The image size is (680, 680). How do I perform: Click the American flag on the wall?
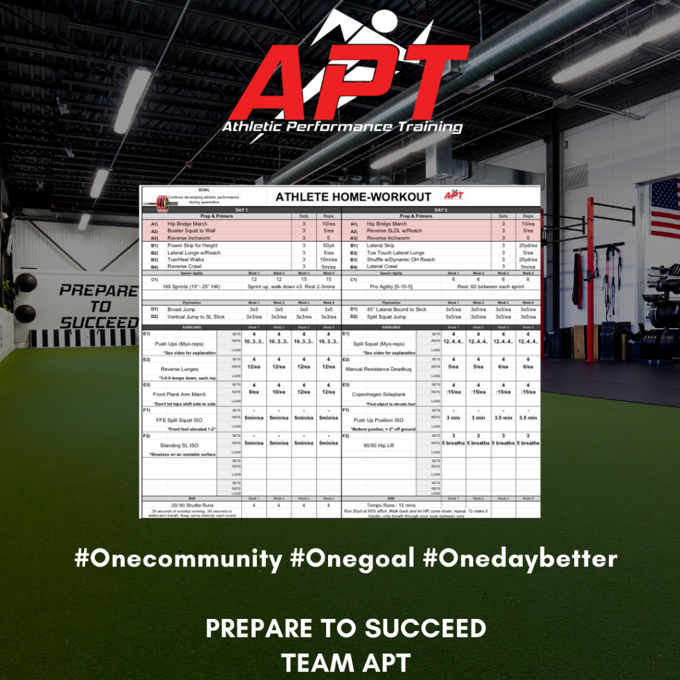[x=665, y=208]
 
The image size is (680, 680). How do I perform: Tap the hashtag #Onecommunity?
[x=178, y=558]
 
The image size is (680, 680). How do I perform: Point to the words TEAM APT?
[x=345, y=662]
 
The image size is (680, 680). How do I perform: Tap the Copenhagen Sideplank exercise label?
[x=379, y=394]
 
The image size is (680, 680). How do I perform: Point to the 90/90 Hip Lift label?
[x=379, y=445]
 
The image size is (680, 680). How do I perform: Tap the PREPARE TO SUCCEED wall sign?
[x=98, y=306]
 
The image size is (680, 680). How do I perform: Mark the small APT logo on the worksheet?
[x=455, y=196]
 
